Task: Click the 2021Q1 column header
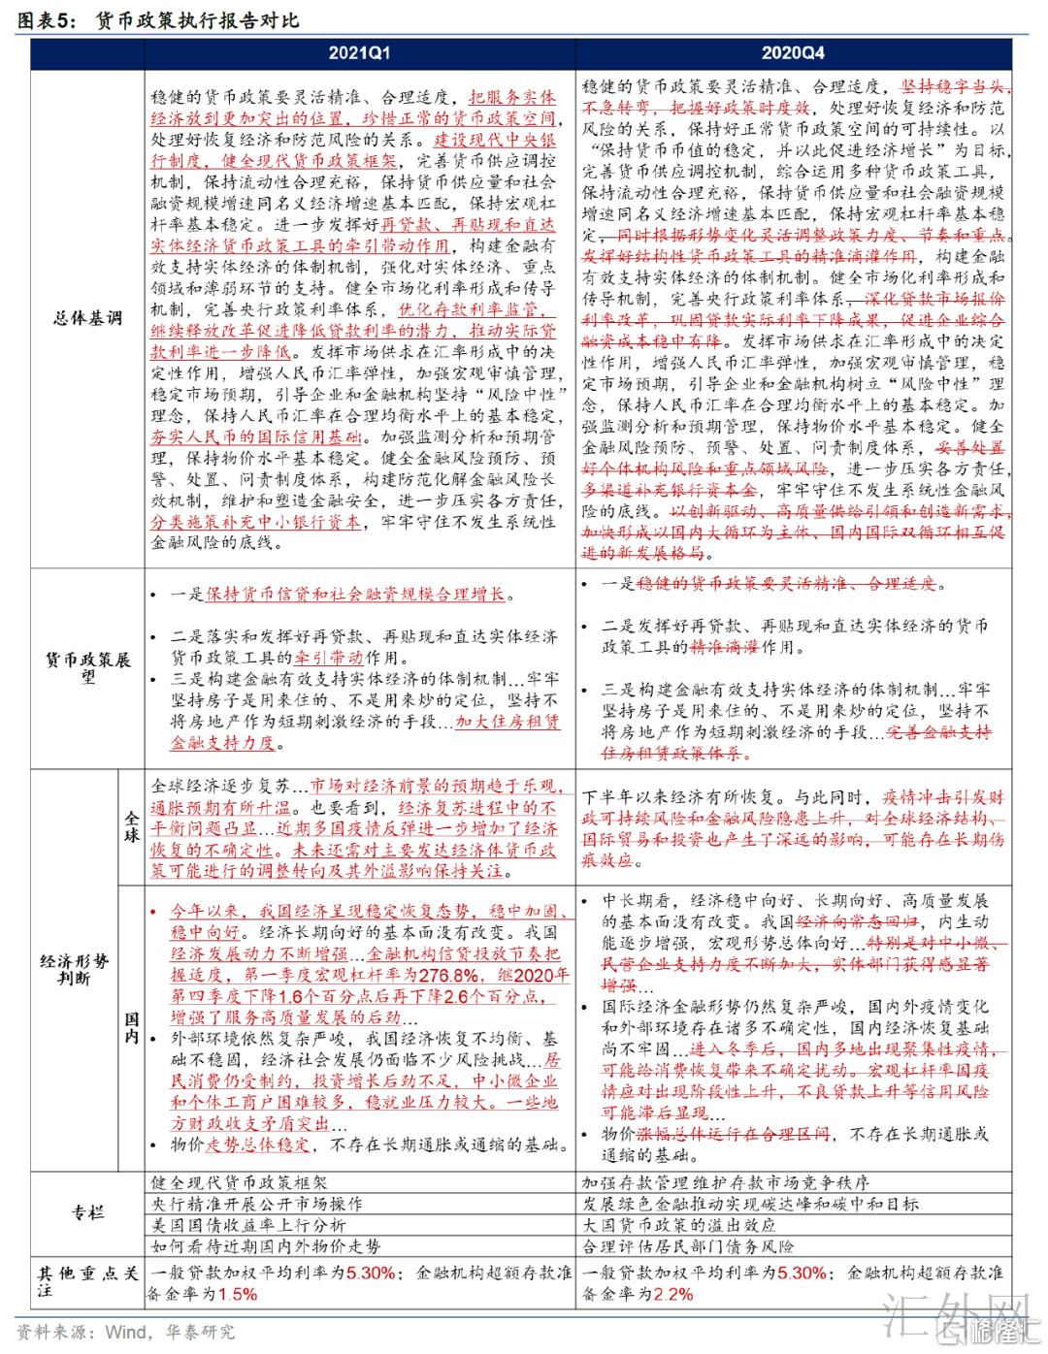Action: (x=359, y=53)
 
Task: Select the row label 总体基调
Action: (x=87, y=318)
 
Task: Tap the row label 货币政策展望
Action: (x=87, y=668)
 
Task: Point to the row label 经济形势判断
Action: (x=74, y=970)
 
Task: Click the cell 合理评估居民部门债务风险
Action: (x=687, y=1245)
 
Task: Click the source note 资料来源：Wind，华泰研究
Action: (x=126, y=1332)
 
